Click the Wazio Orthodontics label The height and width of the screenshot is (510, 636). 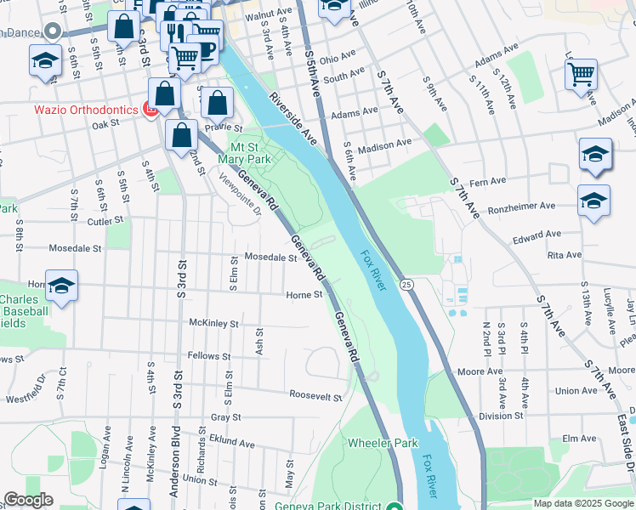coord(85,110)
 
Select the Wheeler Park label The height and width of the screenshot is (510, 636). coord(383,443)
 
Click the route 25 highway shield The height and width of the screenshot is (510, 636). coord(407,284)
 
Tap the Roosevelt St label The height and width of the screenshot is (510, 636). coord(315,397)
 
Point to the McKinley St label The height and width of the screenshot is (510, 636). coord(213,324)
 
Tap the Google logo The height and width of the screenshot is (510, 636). coord(29,500)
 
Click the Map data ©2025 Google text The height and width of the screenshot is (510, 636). coord(583,503)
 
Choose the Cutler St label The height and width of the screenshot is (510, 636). coord(105,220)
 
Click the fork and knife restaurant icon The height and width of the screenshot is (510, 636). coord(174,31)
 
